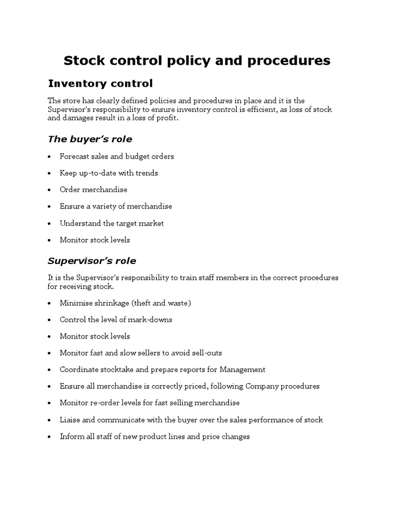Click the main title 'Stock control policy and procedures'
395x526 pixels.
coord(197,61)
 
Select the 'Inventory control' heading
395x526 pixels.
coord(100,83)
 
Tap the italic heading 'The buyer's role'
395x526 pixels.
coord(90,139)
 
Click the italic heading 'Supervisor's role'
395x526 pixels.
coord(92,261)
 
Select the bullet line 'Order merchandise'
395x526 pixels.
coord(93,190)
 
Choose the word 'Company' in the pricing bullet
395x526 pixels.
coord(261,386)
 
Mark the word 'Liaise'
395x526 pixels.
coord(70,420)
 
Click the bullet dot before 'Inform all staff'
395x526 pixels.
coord(49,437)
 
